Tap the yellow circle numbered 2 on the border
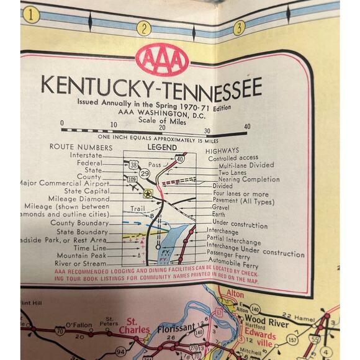point(144,29)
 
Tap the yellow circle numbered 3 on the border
point(238,27)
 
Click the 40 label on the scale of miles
point(247,126)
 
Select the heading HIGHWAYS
point(222,150)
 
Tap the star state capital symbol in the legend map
point(148,193)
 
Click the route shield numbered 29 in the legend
point(144,173)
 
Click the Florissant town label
point(175,330)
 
